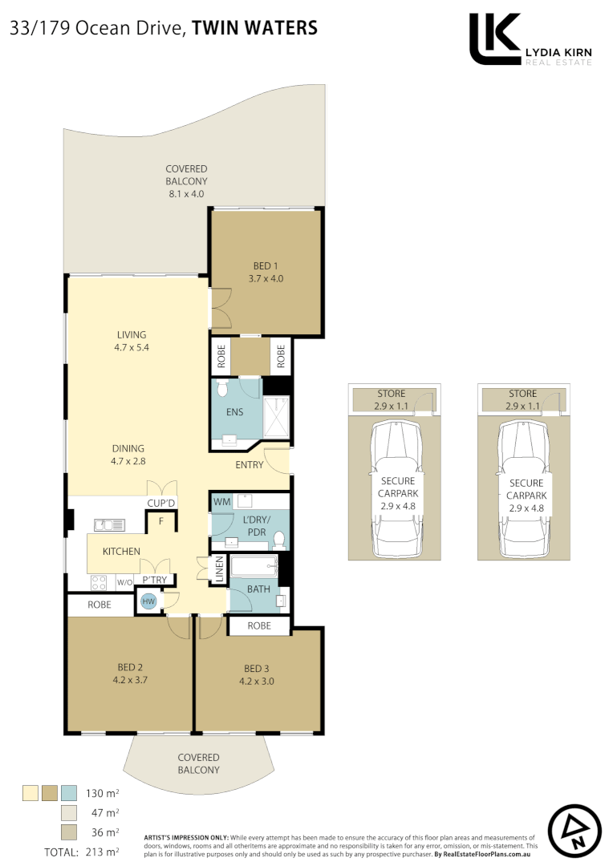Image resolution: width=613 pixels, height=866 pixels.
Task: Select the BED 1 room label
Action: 266,265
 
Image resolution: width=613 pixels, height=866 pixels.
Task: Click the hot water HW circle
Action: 148,601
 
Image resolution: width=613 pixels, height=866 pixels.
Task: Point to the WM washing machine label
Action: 221,502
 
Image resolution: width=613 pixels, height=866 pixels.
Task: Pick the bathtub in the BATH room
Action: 253,568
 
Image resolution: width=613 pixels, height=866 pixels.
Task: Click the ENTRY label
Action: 250,465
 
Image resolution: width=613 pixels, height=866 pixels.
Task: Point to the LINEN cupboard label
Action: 218,571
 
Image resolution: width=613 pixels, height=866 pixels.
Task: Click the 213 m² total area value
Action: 102,852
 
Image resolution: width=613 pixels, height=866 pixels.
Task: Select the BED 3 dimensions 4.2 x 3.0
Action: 258,682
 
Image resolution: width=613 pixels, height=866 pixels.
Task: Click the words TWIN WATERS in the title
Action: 255,28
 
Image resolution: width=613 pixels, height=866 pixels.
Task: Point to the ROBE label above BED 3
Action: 258,625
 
